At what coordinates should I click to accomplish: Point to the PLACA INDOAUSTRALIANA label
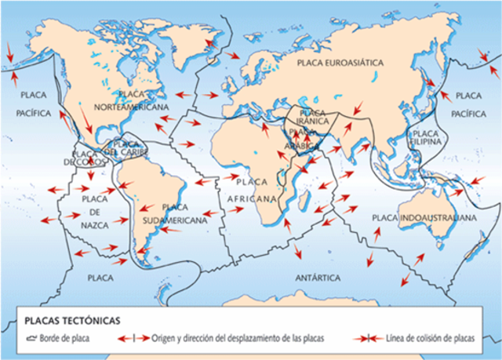click(x=424, y=216)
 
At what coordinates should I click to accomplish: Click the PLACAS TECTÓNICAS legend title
click(x=71, y=320)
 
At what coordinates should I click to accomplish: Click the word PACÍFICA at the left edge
click(x=33, y=113)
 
